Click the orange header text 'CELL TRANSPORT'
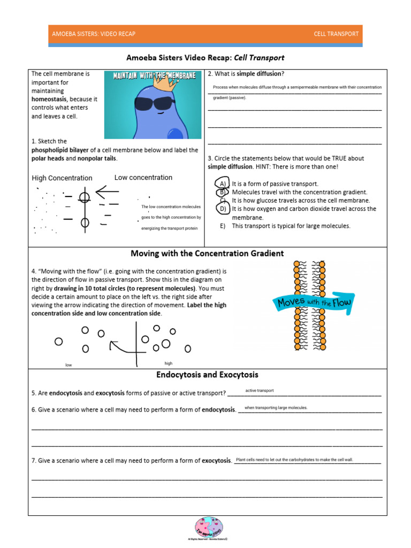336,34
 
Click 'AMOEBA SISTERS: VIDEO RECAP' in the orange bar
94,34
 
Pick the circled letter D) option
223,209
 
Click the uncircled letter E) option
223,226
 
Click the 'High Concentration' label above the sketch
62,178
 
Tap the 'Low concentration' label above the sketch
143,178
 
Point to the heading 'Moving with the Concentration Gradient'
207,254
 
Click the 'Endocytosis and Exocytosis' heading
207,375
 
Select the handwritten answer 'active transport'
260,391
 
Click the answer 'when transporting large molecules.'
276,408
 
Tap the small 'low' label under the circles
68,365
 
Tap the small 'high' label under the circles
169,363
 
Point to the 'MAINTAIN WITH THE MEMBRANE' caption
154,76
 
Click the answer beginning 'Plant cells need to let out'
294,460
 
